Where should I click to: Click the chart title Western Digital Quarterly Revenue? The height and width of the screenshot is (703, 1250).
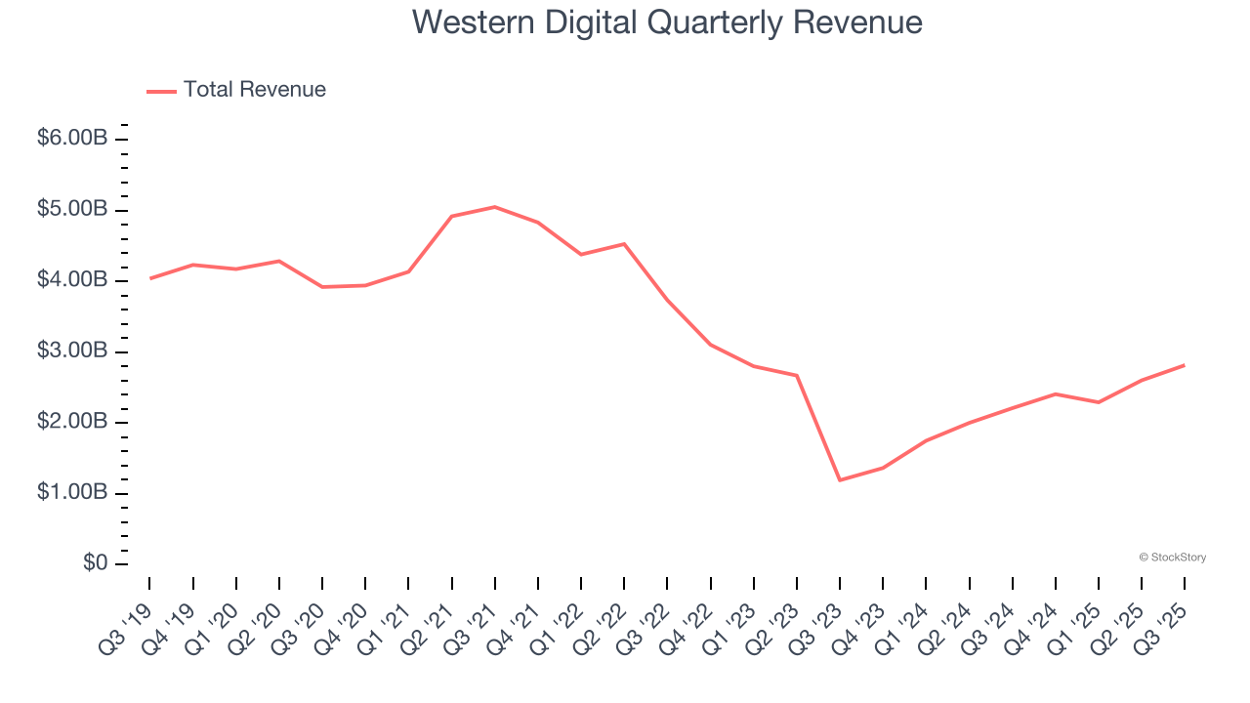click(x=667, y=22)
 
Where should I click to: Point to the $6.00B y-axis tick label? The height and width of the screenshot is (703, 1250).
click(x=71, y=139)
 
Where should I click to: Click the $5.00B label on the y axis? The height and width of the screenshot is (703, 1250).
click(x=71, y=210)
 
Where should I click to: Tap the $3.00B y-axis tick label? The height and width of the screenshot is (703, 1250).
click(x=71, y=351)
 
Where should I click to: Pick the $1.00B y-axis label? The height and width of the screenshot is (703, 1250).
click(x=71, y=493)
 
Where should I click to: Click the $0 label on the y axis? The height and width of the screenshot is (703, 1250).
click(x=95, y=564)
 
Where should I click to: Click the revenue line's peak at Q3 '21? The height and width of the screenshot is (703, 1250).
click(x=495, y=207)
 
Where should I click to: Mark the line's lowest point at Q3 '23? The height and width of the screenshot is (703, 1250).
click(x=840, y=480)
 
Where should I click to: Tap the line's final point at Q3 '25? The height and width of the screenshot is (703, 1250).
click(x=1185, y=365)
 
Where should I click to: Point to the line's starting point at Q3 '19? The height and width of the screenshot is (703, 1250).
click(x=149, y=278)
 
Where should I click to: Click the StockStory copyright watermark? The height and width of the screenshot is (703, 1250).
click(x=1172, y=558)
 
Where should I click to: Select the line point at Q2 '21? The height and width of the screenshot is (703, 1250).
click(x=451, y=216)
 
